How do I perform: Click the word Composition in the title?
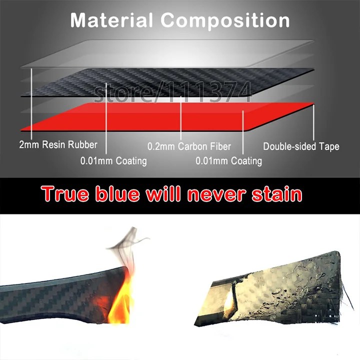pos(225,20)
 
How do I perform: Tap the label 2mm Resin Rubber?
pos(58,145)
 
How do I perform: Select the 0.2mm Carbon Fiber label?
pos(189,146)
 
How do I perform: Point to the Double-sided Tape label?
pos(301,146)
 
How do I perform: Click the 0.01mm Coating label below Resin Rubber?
pos(113,161)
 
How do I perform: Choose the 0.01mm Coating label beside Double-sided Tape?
pos(228,161)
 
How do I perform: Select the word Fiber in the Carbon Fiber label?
pos(220,146)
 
